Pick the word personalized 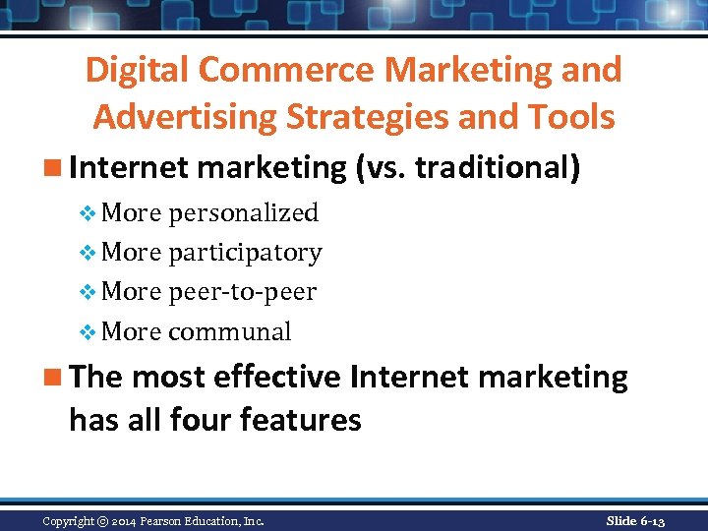243,212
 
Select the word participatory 245,253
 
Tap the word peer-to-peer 242,292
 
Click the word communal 230,331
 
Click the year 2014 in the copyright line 124,521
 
